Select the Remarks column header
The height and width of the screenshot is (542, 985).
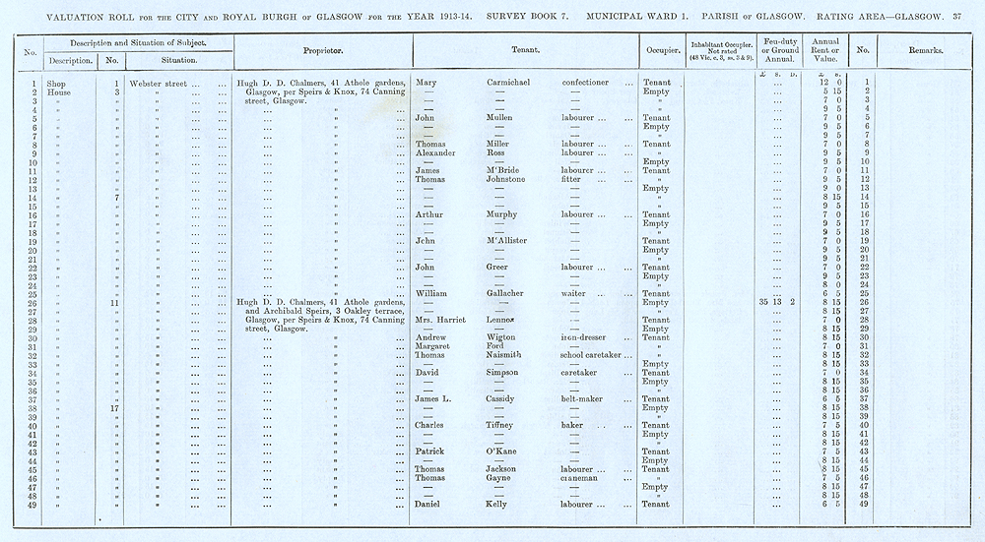click(x=927, y=49)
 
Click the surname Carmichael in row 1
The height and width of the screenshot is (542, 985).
click(x=508, y=83)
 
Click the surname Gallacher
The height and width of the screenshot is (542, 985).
click(x=511, y=293)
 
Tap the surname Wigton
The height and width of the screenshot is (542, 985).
click(x=502, y=337)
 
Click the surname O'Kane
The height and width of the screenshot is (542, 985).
click(x=503, y=452)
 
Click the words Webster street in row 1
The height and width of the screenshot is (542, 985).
click(x=159, y=83)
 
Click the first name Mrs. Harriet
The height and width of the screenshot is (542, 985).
click(x=437, y=320)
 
